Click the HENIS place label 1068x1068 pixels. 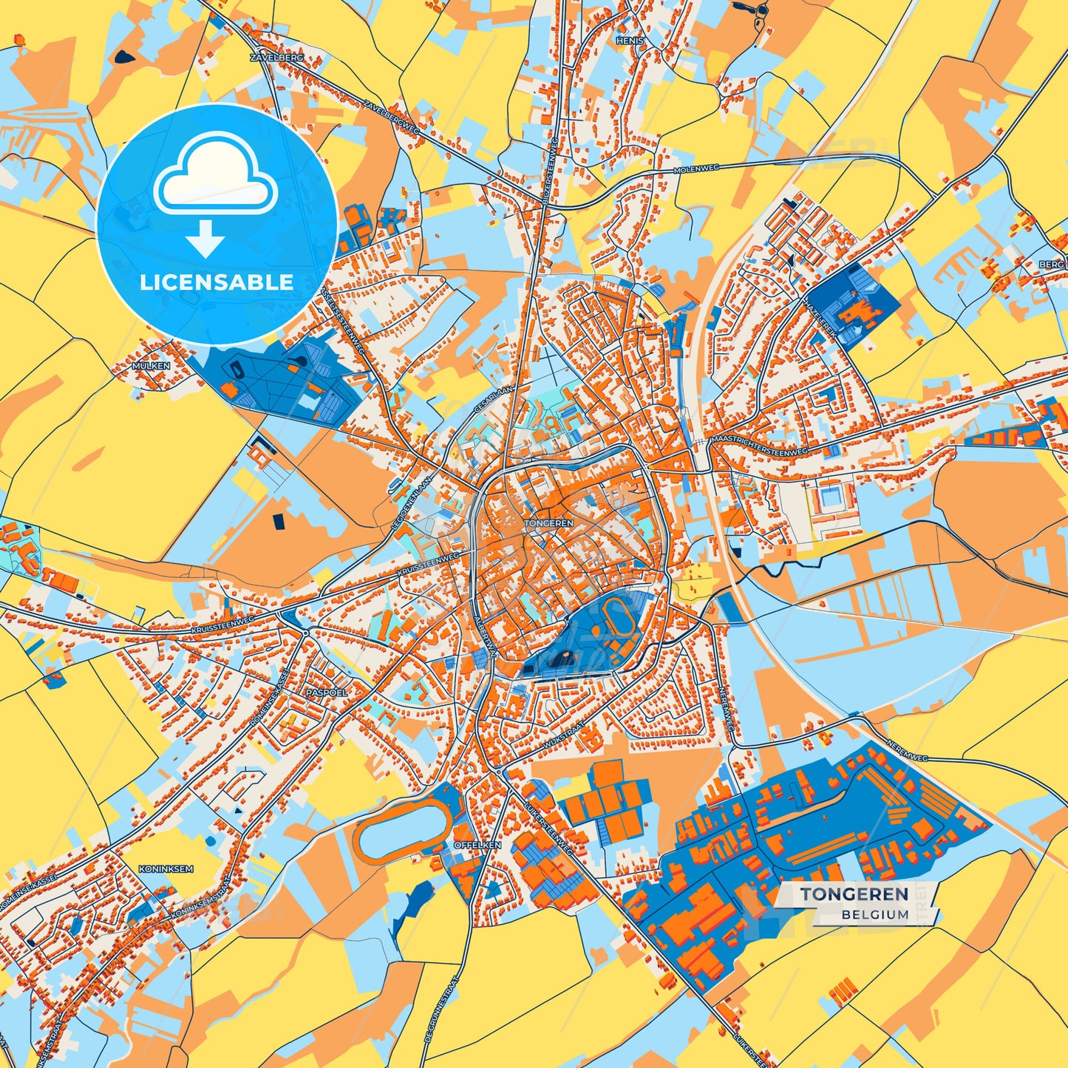click(x=630, y=41)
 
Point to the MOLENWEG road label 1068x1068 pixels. click(x=691, y=170)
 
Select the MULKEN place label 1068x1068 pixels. click(x=151, y=366)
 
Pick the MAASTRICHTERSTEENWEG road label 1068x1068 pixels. click(x=759, y=444)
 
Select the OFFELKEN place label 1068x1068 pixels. click(x=477, y=844)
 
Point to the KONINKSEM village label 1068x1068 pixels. click(x=166, y=869)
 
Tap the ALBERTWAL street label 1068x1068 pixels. click(x=486, y=636)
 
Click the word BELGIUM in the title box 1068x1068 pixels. click(x=874, y=914)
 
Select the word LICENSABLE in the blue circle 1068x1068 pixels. click(x=217, y=282)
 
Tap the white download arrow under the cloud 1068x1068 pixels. click(x=205, y=239)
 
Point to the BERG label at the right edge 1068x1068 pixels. click(x=1052, y=264)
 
